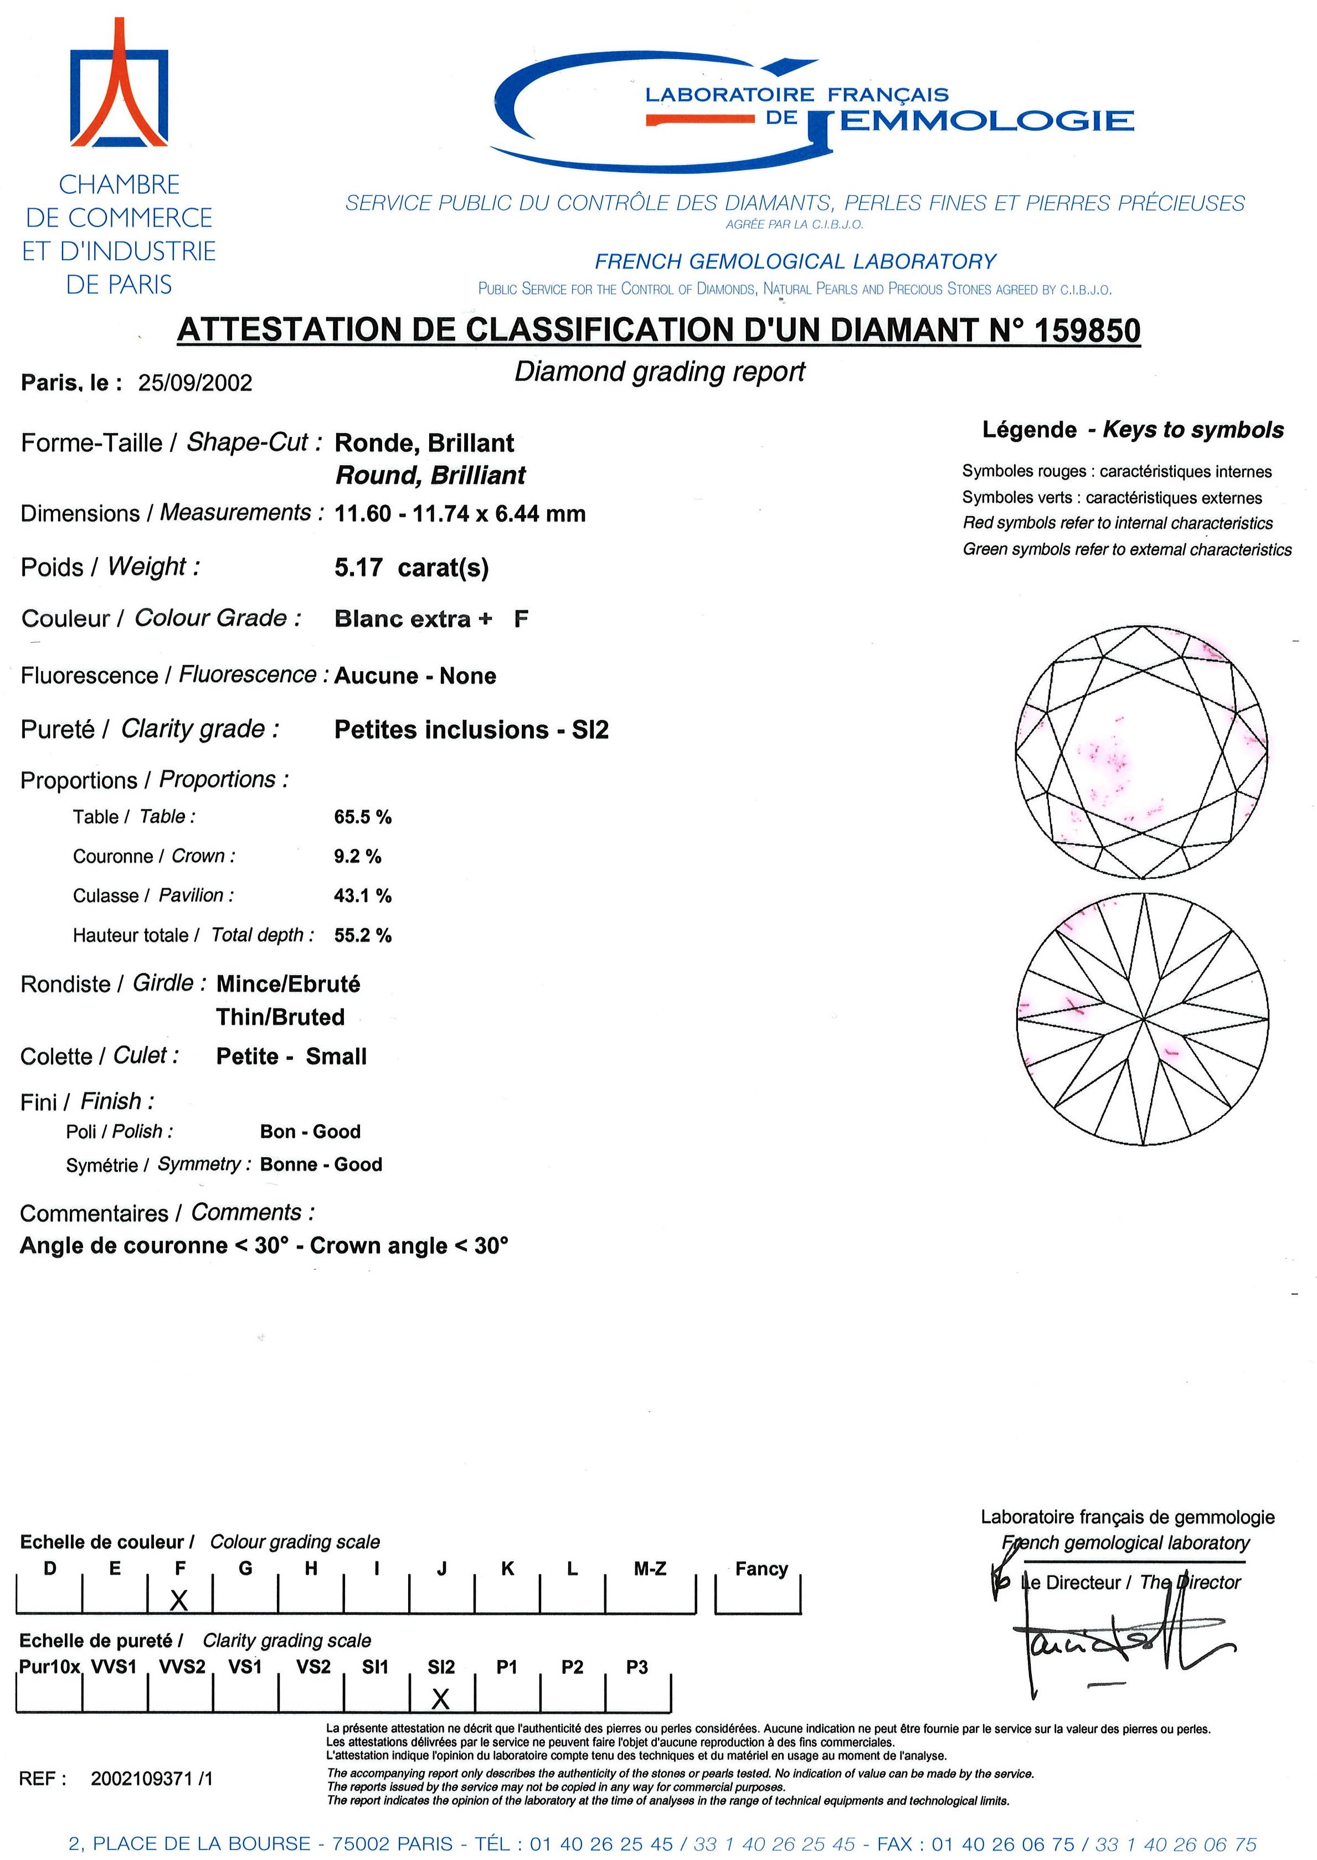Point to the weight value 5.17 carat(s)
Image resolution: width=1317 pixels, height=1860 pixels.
click(x=411, y=568)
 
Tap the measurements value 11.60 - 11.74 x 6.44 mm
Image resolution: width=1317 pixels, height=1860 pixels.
click(x=460, y=514)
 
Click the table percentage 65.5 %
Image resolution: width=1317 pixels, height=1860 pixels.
click(x=363, y=817)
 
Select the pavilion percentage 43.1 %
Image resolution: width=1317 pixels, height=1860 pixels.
click(x=363, y=896)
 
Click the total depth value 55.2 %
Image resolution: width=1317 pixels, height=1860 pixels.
click(x=363, y=936)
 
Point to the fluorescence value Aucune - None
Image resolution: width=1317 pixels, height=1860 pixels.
click(x=415, y=676)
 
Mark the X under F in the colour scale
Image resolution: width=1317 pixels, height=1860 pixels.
click(x=179, y=1600)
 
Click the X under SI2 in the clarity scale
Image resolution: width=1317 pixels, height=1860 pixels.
click(x=440, y=1699)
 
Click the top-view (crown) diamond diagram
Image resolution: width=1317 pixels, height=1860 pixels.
click(x=1141, y=751)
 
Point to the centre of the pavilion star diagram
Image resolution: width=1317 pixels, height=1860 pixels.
click(x=1143, y=1018)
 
